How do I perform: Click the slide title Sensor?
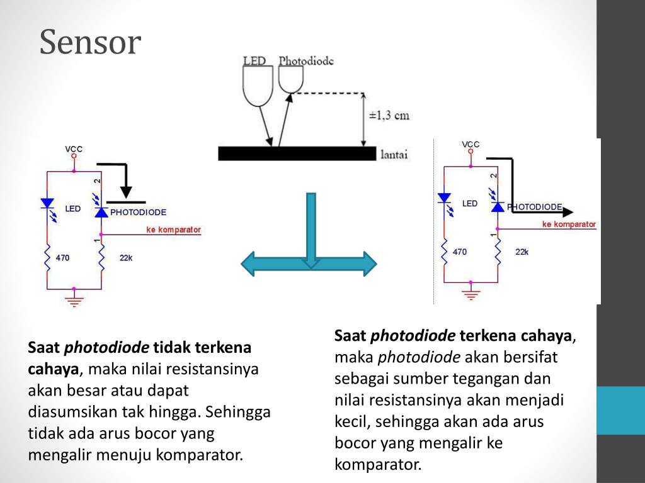point(90,43)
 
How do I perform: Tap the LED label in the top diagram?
point(254,61)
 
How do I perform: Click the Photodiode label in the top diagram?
point(306,61)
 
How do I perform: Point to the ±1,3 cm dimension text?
point(389,115)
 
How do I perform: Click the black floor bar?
point(296,153)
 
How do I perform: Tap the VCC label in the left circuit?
point(74,150)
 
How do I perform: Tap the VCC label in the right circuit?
point(471,145)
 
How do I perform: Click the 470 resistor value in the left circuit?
point(62,258)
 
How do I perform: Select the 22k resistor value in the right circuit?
point(522,252)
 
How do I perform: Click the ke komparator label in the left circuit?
point(173,230)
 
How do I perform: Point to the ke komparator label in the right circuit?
point(569,225)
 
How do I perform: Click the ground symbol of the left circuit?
point(74,300)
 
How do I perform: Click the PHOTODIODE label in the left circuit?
point(138,213)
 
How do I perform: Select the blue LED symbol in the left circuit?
point(47,204)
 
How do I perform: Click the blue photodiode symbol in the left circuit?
point(101,211)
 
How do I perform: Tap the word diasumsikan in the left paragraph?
point(72,412)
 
